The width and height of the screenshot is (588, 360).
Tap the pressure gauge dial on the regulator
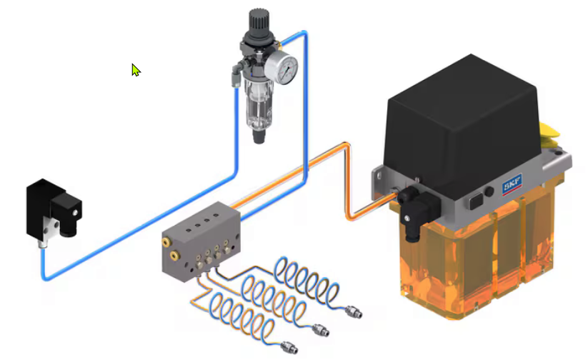tap(286, 69)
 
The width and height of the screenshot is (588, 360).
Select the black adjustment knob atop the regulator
tap(259, 21)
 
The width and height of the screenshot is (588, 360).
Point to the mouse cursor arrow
tap(135, 69)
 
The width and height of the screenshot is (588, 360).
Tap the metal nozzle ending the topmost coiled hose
tap(354, 312)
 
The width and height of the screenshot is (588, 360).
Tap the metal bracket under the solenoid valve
tap(47, 230)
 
